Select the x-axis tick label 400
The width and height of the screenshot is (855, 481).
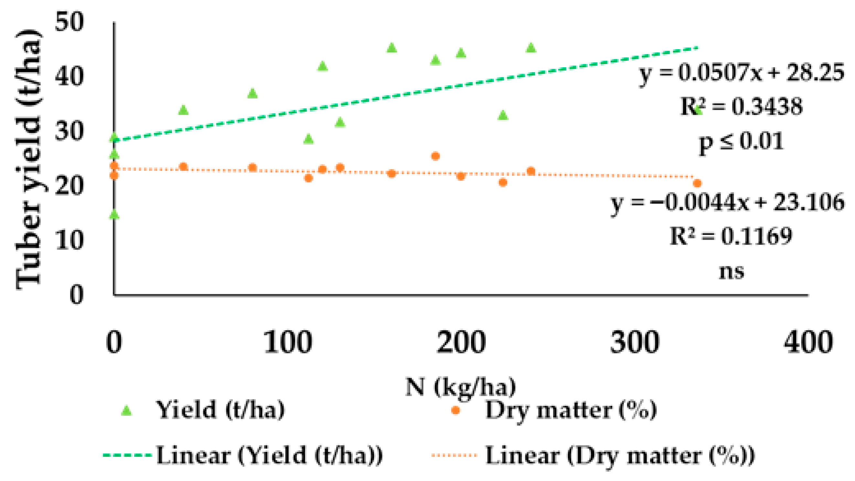point(808,342)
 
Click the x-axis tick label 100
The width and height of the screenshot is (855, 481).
point(287,342)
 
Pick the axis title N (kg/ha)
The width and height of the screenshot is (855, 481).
point(461,387)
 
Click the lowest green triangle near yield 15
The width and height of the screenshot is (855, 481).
point(114,214)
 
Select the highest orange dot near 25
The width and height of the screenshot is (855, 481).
point(435,156)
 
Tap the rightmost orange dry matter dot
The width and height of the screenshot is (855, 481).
point(697,183)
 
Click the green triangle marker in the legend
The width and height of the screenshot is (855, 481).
point(126,411)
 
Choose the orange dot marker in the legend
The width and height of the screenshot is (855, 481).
point(455,410)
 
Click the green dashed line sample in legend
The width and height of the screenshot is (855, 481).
point(127,455)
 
